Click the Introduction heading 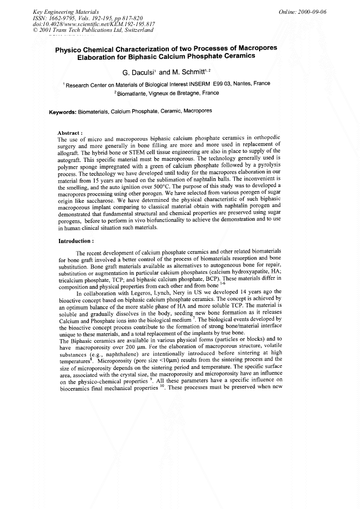pos(76,240)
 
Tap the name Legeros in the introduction pos(136,292)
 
